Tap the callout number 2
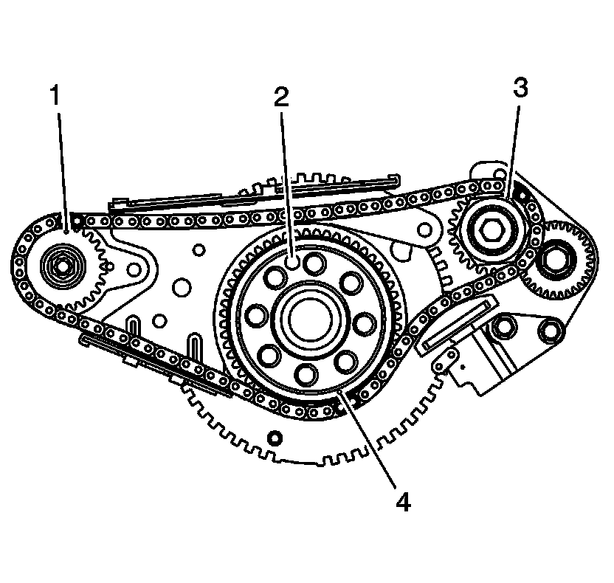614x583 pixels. point(281,97)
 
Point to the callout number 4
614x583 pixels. point(401,503)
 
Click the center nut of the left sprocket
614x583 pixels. point(58,263)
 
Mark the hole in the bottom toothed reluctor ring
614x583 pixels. point(275,439)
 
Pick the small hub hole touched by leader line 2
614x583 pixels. point(293,261)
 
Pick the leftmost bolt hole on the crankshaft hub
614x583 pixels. point(255,316)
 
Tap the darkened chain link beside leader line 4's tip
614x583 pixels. point(353,399)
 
